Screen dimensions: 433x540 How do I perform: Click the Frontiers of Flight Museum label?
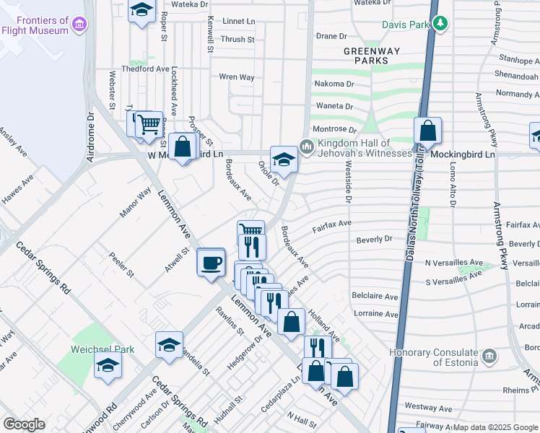pyautogui.click(x=34, y=26)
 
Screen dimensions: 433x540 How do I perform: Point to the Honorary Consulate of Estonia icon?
pyautogui.click(x=489, y=357)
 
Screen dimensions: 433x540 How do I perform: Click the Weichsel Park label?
pyautogui.click(x=103, y=349)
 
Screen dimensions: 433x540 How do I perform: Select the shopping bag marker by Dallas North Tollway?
pyautogui.click(x=428, y=131)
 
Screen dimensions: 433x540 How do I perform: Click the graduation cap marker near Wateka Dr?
pyautogui.click(x=141, y=10)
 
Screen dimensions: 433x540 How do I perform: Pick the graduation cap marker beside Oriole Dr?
pyautogui.click(x=284, y=159)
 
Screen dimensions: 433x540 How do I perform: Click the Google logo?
pyautogui.click(x=24, y=424)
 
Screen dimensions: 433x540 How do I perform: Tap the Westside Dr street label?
pyautogui.click(x=348, y=177)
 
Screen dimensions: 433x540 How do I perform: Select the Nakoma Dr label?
pyautogui.click(x=334, y=84)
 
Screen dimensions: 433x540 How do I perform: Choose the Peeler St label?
pyautogui.click(x=121, y=265)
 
